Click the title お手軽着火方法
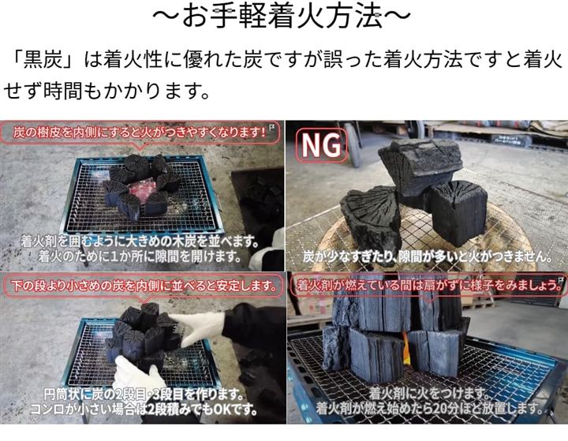(x=282, y=17)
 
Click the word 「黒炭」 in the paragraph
(x=43, y=59)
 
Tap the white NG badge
(x=321, y=146)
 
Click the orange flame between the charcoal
(x=406, y=349)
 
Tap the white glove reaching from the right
(x=200, y=328)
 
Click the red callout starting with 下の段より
(x=144, y=286)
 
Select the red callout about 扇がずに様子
(x=428, y=286)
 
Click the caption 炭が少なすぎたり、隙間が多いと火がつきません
(x=428, y=257)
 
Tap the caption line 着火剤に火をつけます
(x=428, y=394)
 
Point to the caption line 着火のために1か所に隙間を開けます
(x=140, y=257)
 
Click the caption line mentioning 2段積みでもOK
(x=144, y=409)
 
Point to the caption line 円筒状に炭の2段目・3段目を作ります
(x=144, y=394)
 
